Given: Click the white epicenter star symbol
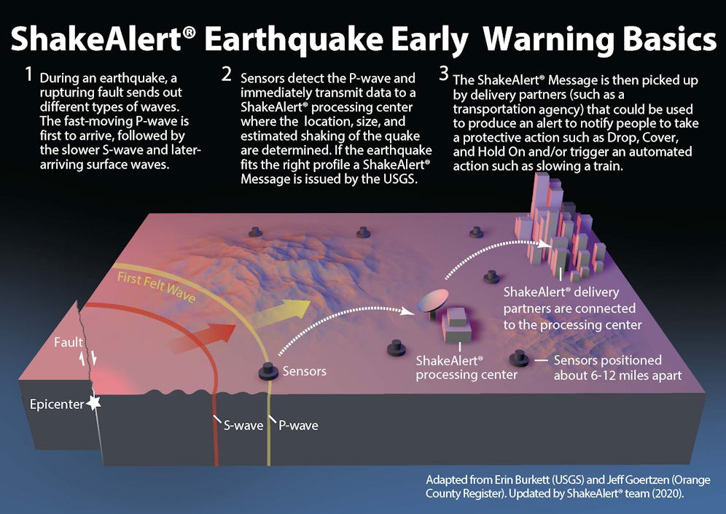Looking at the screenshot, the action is click(x=94, y=403).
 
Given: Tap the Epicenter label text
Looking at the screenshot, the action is click(x=57, y=405).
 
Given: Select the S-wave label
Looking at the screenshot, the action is click(x=243, y=426).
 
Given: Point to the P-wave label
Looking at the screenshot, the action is click(x=298, y=426).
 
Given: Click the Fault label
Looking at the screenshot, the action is click(x=68, y=342).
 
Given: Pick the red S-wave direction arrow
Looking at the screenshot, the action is click(x=202, y=338).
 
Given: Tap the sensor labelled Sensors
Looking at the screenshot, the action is click(x=268, y=371).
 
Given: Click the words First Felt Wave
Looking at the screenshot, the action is click(x=156, y=287).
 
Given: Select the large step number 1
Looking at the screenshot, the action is click(x=29, y=74).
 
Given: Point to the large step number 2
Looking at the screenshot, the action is click(x=227, y=74).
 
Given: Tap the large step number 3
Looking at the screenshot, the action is click(x=444, y=74).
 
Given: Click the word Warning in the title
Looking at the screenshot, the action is click(x=549, y=39).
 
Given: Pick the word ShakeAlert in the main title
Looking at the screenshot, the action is click(x=95, y=39).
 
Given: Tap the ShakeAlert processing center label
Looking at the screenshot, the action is click(x=467, y=367).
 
